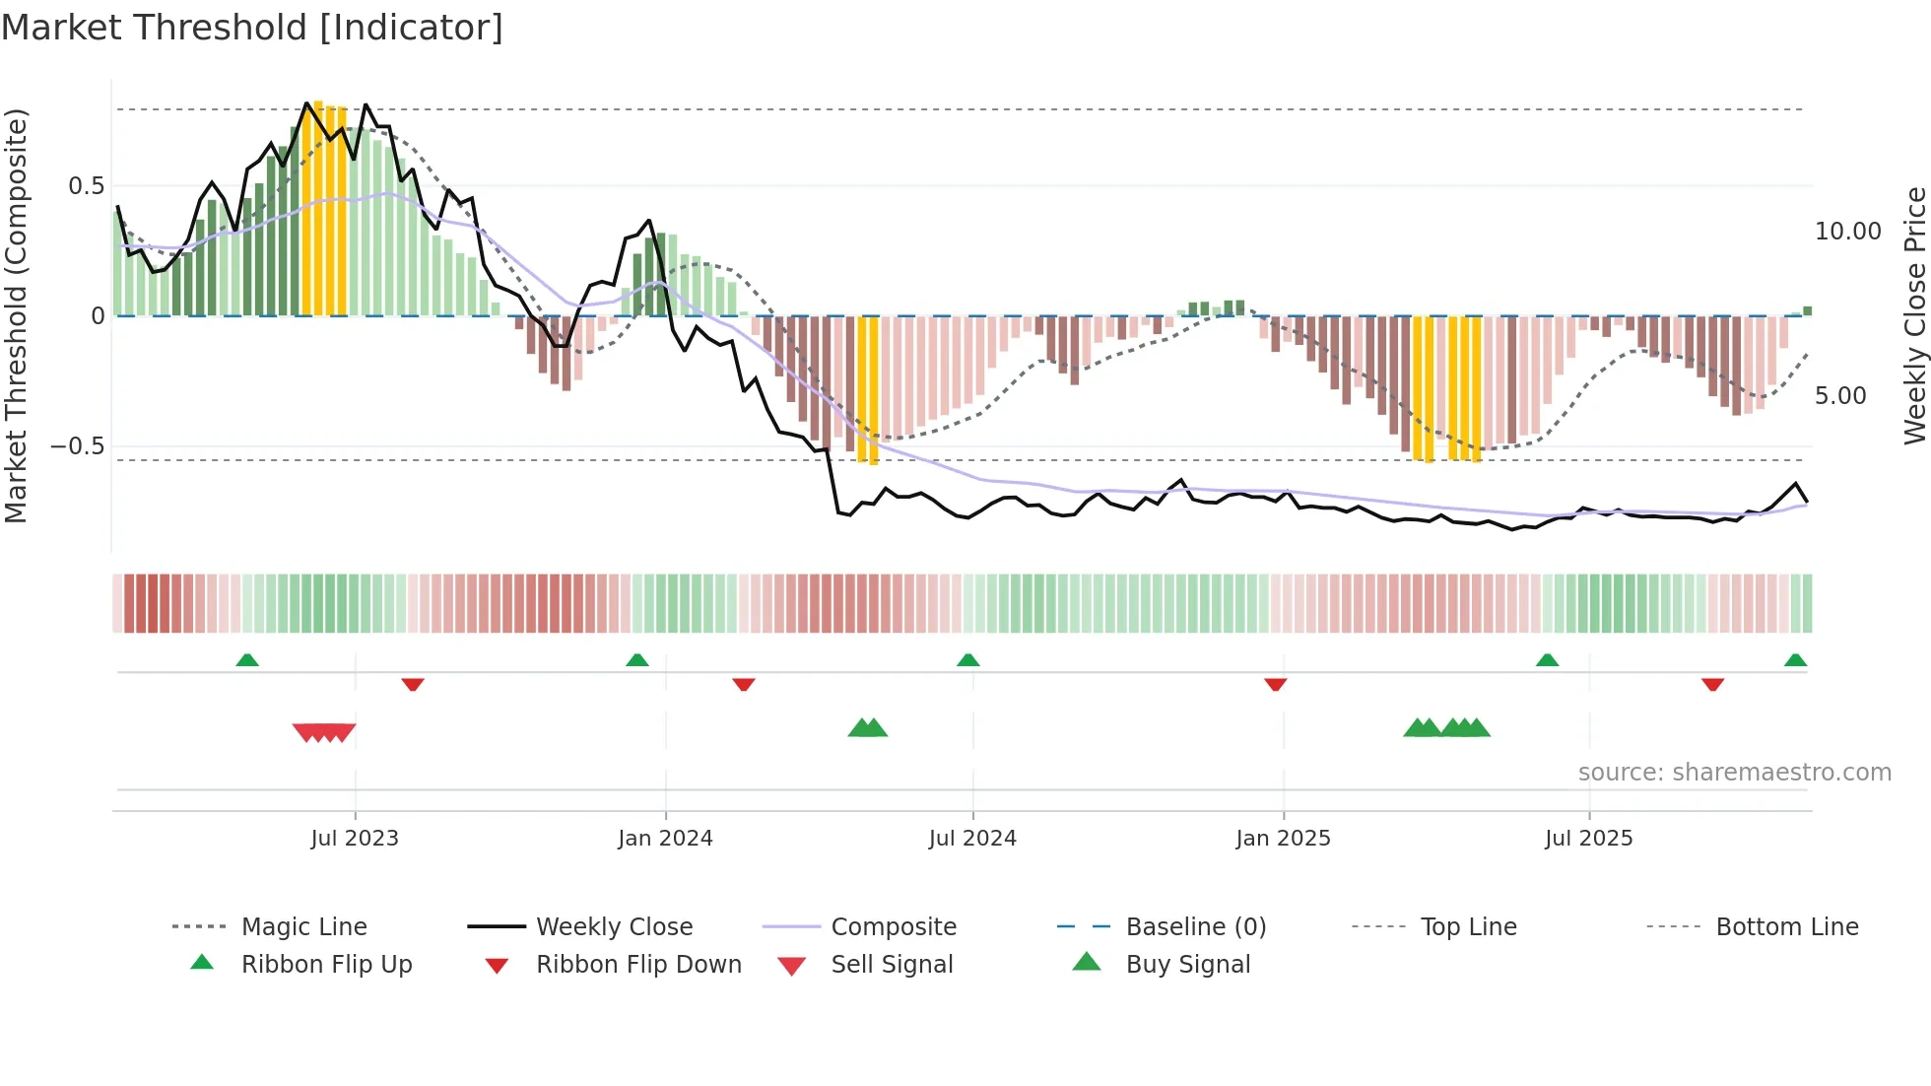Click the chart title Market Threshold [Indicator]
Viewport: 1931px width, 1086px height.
[x=252, y=28]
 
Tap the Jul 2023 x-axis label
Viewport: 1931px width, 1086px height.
[x=355, y=839]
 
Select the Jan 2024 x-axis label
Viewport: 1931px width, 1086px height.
[x=665, y=839]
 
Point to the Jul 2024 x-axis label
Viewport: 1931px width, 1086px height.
[x=972, y=839]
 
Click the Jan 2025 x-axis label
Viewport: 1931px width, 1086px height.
[x=1283, y=839]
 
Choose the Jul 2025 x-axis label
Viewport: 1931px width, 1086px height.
[x=1588, y=839]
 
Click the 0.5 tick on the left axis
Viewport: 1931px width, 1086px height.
[x=87, y=186]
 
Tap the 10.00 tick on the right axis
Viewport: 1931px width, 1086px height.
[x=1847, y=232]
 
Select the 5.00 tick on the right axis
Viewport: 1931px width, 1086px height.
[x=1840, y=396]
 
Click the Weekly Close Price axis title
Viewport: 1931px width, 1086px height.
[x=1914, y=315]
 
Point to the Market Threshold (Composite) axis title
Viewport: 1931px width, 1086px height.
[x=16, y=315]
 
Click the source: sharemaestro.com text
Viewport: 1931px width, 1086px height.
[x=1734, y=773]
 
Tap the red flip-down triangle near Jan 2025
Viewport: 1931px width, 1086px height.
[x=1276, y=684]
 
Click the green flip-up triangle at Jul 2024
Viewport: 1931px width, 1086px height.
[x=968, y=660]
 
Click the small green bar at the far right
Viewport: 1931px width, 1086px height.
[x=1807, y=310]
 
